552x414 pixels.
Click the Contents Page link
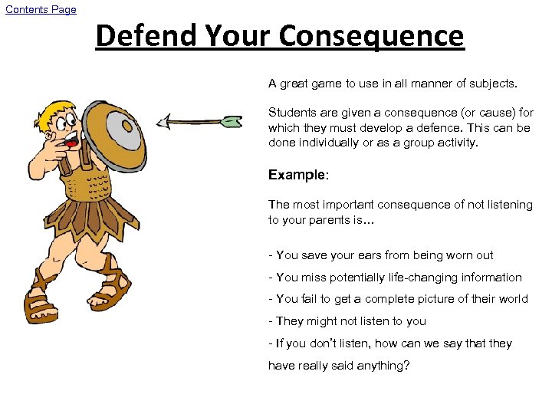pos(41,9)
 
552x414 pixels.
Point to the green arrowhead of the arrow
pos(231,120)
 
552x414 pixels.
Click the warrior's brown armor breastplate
pos(84,184)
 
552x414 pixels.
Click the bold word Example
pos(297,175)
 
